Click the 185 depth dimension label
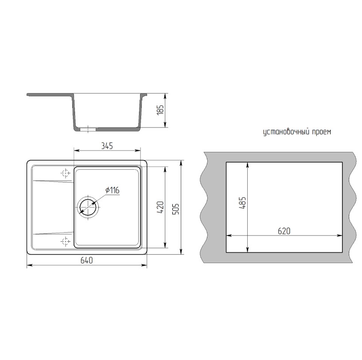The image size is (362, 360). tap(160, 110)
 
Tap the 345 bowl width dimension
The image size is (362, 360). tap(107, 146)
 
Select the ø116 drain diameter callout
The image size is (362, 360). tap(112, 190)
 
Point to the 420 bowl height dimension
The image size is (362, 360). tap(160, 207)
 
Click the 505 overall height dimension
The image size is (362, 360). tap(176, 209)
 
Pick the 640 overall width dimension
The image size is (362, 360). tap(86, 260)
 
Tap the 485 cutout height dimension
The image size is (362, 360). tap(242, 203)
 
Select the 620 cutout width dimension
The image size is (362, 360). tap(284, 231)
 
